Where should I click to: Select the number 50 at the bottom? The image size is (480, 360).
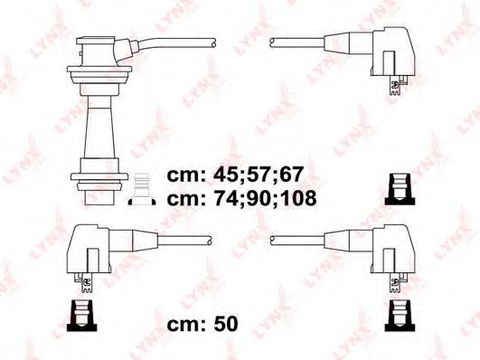226,324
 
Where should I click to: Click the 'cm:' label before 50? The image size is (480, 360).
186,325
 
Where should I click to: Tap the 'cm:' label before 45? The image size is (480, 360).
186,175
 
